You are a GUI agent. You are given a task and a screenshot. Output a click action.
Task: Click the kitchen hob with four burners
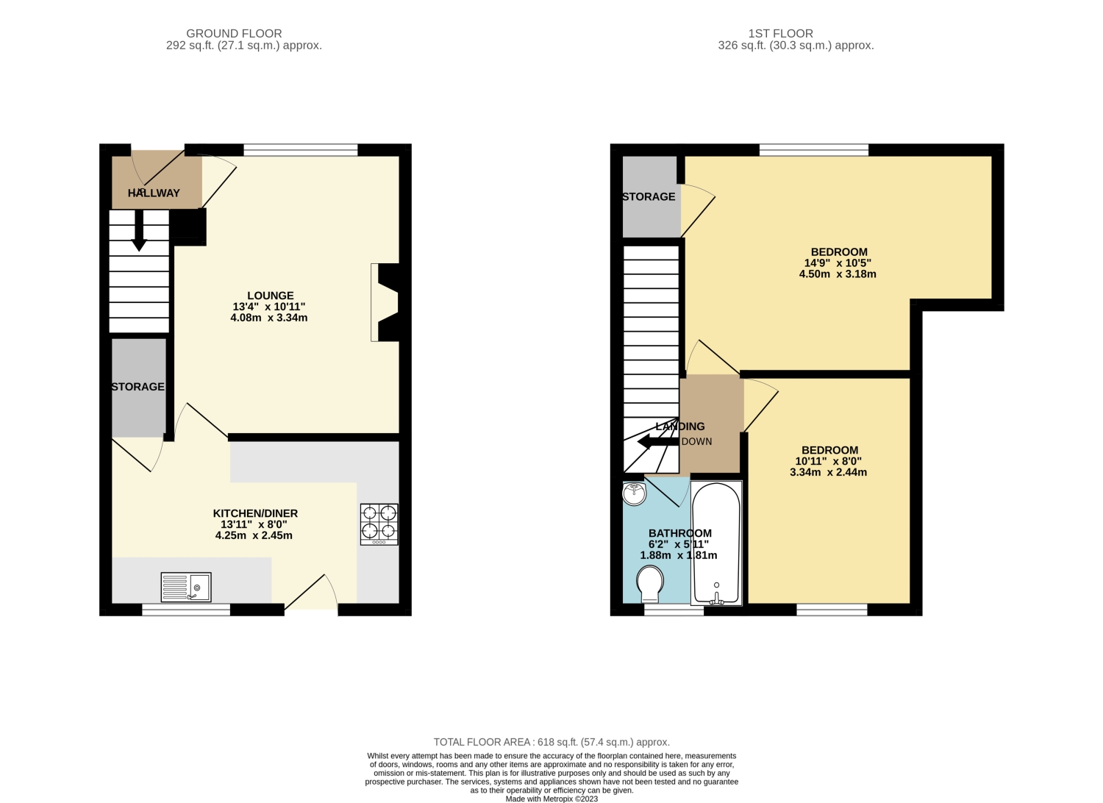coord(379,524)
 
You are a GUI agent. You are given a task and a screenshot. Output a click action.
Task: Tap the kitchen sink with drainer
coord(186,587)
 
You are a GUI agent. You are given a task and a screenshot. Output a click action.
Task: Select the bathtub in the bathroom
coord(716,543)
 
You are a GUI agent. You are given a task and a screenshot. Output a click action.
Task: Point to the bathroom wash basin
coord(634,493)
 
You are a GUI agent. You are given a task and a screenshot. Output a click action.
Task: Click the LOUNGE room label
coord(270,296)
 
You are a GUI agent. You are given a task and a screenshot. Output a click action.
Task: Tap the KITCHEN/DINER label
coord(255,513)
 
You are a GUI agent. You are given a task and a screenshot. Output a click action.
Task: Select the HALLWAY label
coord(154,193)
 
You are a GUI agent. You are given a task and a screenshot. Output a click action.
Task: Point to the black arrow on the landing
coord(657,442)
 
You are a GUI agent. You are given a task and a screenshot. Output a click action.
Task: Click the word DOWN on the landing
coord(696,442)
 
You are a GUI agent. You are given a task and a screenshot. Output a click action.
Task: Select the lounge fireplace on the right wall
coord(387,302)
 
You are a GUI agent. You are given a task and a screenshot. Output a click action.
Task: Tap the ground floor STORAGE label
coord(138,387)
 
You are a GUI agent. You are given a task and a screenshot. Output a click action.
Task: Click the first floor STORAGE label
coord(649,197)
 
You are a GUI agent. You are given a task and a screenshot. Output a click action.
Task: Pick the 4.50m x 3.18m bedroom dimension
coord(838,274)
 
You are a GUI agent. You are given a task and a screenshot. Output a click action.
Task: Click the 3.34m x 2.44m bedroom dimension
coord(829,473)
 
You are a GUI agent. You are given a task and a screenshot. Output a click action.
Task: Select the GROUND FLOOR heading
coord(234,33)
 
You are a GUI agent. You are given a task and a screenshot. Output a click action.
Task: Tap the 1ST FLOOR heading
coord(781,33)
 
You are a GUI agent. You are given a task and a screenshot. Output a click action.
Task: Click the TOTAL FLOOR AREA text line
coord(551,742)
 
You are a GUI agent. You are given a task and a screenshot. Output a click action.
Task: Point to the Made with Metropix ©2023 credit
coord(551,799)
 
